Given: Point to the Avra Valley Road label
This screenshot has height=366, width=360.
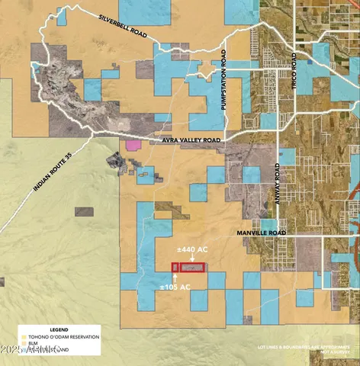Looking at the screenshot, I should [191, 141].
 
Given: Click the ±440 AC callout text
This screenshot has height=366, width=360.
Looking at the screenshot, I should [192, 249].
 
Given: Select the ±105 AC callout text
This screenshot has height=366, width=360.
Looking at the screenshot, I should [175, 287].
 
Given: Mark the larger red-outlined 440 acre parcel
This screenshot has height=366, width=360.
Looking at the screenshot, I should [194, 268].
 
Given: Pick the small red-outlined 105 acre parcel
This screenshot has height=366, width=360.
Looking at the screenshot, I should [175, 268].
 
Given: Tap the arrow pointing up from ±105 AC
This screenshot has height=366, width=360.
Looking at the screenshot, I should [175, 278].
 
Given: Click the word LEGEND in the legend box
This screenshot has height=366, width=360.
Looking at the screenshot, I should [38, 329].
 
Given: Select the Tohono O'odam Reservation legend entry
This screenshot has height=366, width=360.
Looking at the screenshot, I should [66, 336].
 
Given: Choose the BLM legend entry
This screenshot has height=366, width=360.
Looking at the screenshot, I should [34, 343].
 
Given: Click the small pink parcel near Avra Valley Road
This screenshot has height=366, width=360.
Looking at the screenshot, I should [133, 144].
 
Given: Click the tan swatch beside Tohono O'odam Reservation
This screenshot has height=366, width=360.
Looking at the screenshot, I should [24, 336].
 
